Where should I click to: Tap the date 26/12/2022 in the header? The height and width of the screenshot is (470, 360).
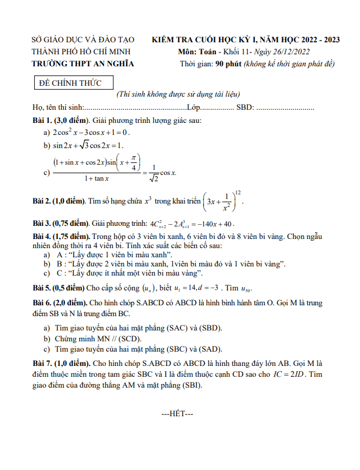291,51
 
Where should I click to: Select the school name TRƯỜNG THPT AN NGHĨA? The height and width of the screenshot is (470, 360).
83,63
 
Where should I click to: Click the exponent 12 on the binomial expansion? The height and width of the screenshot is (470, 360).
238,192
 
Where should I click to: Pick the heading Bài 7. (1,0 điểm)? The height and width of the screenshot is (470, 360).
61,363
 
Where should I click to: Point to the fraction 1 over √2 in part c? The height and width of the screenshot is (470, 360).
154,173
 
